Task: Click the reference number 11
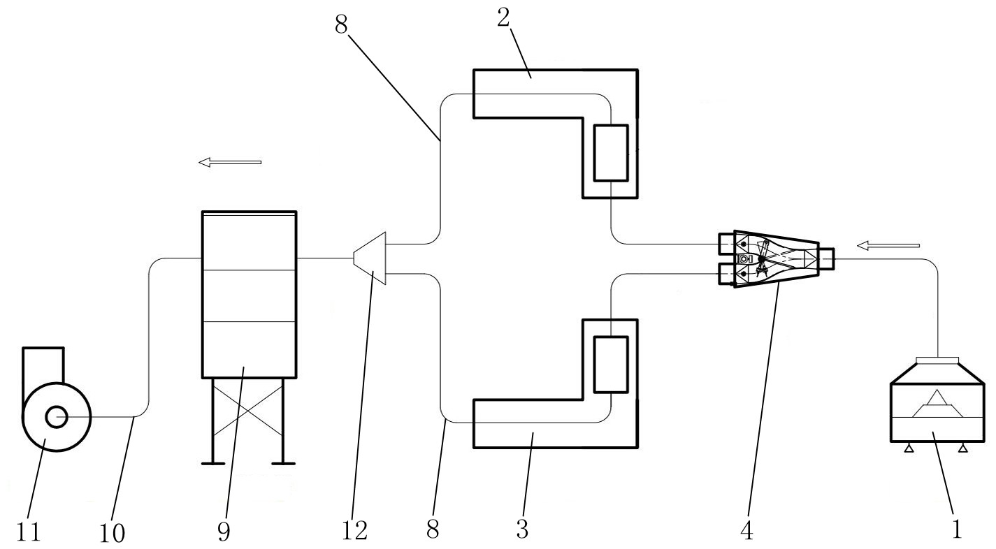click(x=30, y=532)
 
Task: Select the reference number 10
click(x=112, y=533)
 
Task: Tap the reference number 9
click(x=223, y=532)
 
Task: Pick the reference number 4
click(x=747, y=532)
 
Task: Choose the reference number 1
click(x=956, y=529)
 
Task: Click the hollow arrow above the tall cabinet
click(x=230, y=162)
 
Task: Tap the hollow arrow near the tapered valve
click(x=888, y=245)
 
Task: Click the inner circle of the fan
click(x=56, y=418)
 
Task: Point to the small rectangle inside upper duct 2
click(x=611, y=153)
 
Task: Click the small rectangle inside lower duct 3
click(x=611, y=364)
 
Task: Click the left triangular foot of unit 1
click(x=909, y=448)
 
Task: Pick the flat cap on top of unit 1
click(x=937, y=360)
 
